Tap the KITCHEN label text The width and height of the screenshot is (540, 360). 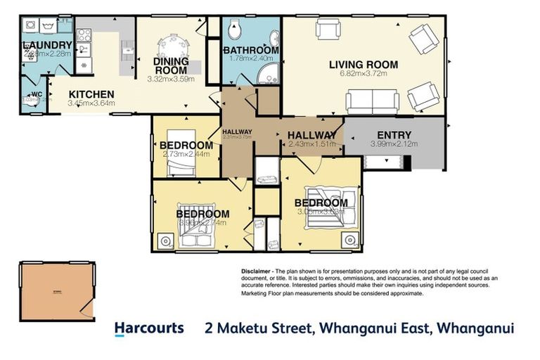click(x=91, y=94)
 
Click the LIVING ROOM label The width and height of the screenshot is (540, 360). click(x=363, y=65)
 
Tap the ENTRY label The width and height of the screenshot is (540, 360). click(x=394, y=135)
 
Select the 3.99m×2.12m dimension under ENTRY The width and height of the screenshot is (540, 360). click(x=394, y=144)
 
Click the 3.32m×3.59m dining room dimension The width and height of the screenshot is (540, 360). click(x=170, y=79)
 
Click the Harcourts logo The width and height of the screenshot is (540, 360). click(x=149, y=328)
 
